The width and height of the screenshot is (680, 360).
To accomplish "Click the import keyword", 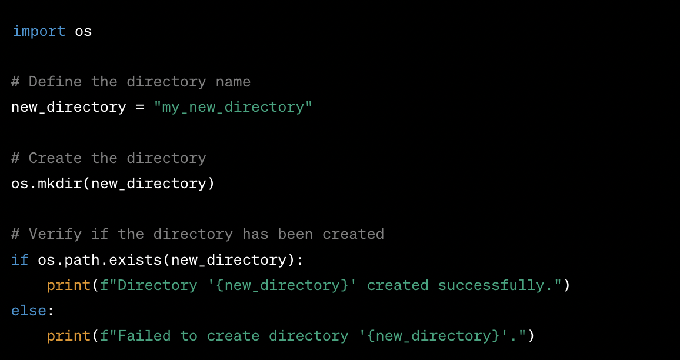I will [x=38, y=31].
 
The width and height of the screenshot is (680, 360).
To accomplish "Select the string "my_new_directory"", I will [x=233, y=108].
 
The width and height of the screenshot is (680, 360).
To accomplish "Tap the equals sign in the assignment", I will [x=140, y=108].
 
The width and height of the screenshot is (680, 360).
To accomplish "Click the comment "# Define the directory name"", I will [x=131, y=82].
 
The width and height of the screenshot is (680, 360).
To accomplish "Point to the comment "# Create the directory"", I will [x=108, y=158].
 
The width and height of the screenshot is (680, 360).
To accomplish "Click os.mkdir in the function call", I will [x=46, y=184].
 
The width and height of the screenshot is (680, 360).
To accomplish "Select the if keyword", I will [x=19, y=260].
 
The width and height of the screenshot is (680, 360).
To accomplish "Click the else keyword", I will [x=28, y=311].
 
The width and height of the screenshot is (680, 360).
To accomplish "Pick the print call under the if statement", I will [x=69, y=285].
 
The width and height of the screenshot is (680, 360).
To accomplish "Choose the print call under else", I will [x=69, y=336].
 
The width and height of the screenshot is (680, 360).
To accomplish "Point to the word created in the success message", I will [x=398, y=285].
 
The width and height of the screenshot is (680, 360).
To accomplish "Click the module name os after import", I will [x=83, y=31].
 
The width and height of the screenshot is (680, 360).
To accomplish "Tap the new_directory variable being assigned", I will [x=68, y=108].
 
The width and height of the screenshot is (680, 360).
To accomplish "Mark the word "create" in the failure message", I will [x=233, y=336].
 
